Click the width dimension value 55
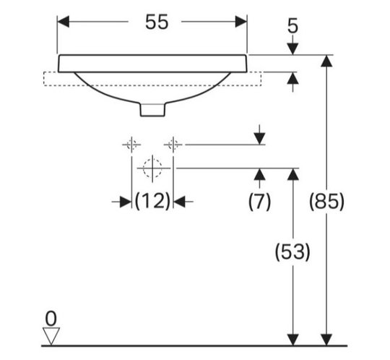click(157, 22)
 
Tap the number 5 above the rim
click(292, 26)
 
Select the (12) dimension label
click(152, 201)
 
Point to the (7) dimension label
click(259, 201)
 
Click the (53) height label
click(292, 252)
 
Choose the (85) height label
click(326, 201)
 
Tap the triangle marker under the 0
click(51, 336)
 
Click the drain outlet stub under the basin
click(152, 110)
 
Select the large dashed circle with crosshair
click(152, 168)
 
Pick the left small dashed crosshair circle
click(131, 145)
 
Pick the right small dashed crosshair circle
click(173, 145)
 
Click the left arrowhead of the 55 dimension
click(63, 22)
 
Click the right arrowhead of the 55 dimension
click(241, 22)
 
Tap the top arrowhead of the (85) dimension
click(326, 61)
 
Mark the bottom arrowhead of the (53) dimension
click(292, 340)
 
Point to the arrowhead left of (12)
click(126, 202)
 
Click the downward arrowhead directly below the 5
click(292, 49)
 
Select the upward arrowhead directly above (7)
click(259, 174)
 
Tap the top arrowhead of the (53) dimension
click(292, 174)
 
